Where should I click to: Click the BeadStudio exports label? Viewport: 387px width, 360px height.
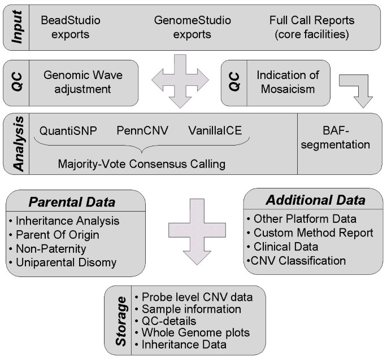point(70,27)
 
